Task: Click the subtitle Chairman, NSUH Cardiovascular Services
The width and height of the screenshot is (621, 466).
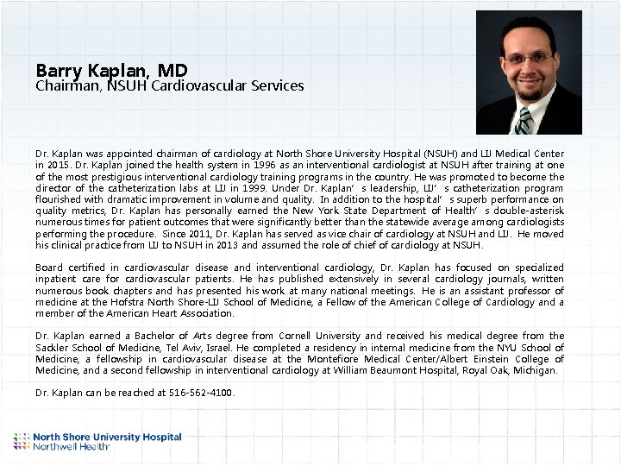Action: tap(170, 86)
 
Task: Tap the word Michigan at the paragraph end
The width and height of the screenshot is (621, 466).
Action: tap(536, 370)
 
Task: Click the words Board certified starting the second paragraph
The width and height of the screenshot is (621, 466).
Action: tap(72, 268)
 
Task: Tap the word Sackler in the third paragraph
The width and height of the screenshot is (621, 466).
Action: tap(54, 347)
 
